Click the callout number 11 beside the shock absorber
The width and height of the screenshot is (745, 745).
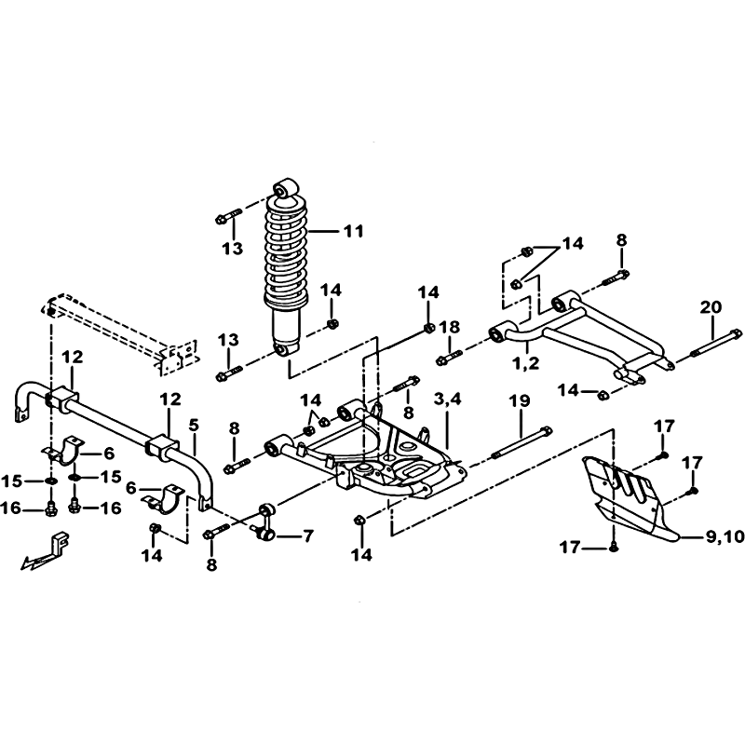tap(354, 231)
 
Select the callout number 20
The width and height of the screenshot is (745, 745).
tap(711, 307)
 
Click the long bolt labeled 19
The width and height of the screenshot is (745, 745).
tap(522, 443)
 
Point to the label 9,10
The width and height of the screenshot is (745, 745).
tap(725, 536)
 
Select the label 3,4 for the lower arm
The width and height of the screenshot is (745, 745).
tap(447, 399)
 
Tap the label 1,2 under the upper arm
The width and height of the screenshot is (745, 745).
tap(527, 363)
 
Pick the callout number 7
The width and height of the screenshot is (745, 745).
tap(307, 536)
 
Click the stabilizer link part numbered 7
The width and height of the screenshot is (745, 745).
tap(264, 521)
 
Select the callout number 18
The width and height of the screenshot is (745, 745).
tap(449, 327)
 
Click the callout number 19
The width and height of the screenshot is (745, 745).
tap(520, 400)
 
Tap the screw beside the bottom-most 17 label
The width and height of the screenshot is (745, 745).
tap(613, 548)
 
